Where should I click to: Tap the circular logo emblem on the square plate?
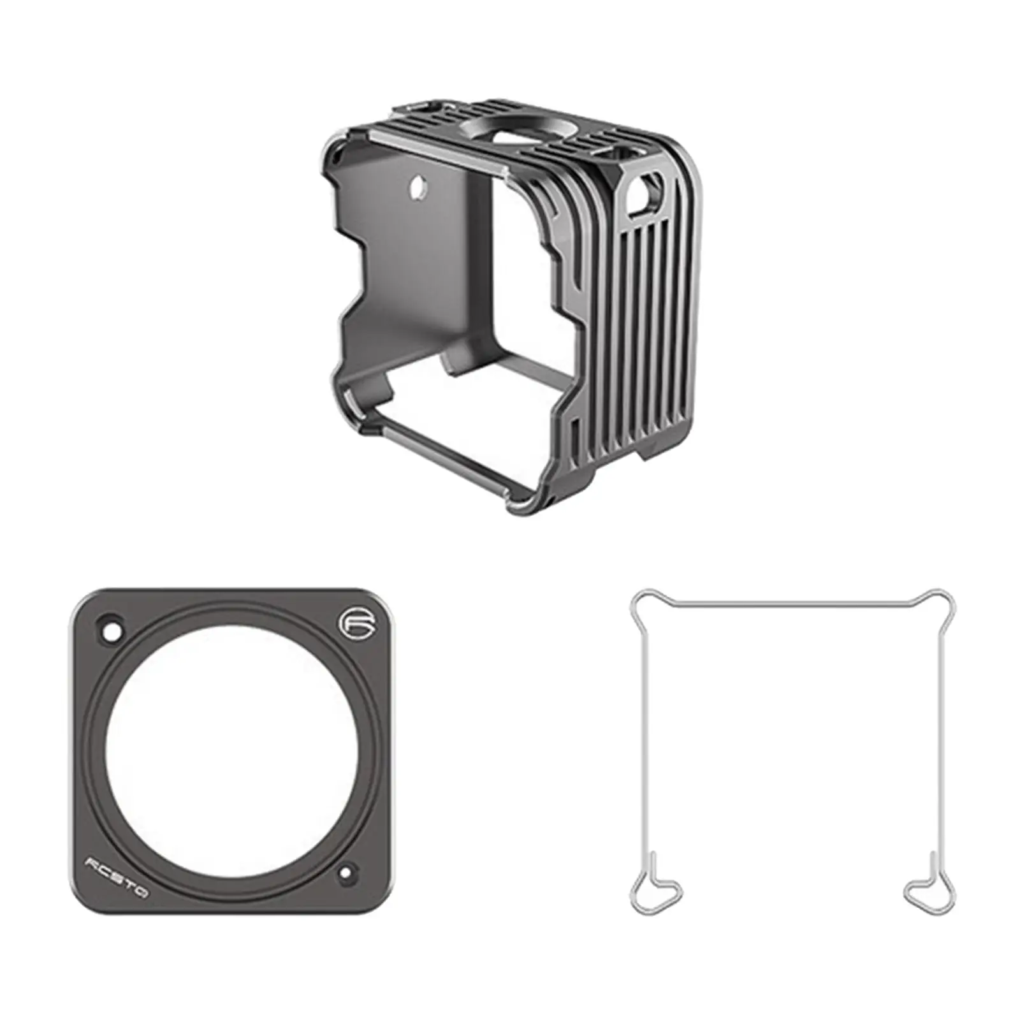coord(349,623)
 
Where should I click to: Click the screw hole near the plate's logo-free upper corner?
coord(113,632)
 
